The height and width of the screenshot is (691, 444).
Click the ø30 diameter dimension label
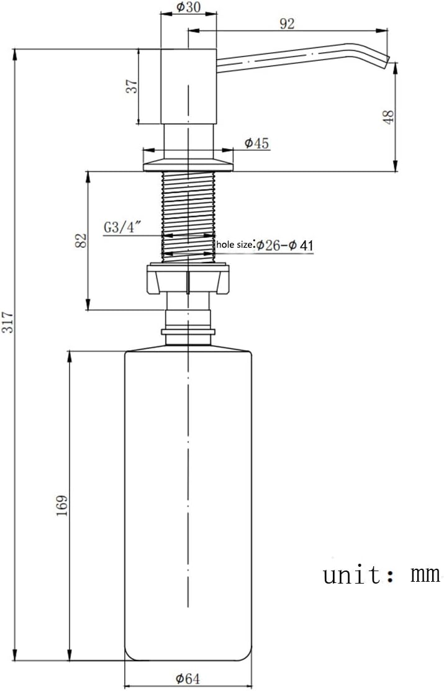(188, 7)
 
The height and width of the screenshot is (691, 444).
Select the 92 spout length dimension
(287, 24)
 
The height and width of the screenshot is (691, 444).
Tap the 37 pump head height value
(132, 86)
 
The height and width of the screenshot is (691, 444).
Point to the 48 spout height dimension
(389, 117)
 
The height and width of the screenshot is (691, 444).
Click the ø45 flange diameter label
(256, 143)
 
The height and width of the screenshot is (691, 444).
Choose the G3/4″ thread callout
(122, 227)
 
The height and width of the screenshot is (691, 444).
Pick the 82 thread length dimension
(81, 240)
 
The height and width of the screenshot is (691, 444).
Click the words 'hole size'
(235, 244)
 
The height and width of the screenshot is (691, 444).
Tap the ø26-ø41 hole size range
(285, 245)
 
